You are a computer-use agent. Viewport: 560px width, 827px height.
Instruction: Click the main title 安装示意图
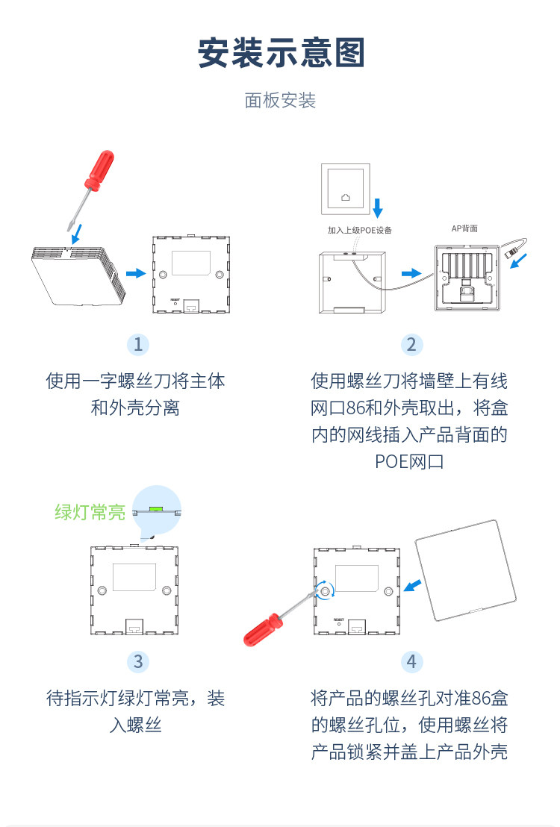pyautogui.click(x=281, y=53)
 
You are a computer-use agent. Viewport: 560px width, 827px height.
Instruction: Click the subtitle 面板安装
pyautogui.click(x=280, y=100)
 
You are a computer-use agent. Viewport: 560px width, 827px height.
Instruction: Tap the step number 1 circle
pyautogui.click(x=137, y=344)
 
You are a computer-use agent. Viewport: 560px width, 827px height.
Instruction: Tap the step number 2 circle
pyautogui.click(x=411, y=344)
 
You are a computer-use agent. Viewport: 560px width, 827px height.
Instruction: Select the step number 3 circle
pyautogui.click(x=137, y=661)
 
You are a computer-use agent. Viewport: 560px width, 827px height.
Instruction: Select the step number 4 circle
pyautogui.click(x=411, y=661)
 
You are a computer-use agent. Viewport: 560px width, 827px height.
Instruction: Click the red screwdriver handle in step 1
pyautogui.click(x=100, y=169)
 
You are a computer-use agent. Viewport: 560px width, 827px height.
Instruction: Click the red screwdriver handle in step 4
pyautogui.click(x=263, y=630)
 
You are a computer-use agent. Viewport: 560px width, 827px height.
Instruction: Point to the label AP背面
pyautogui.click(x=464, y=228)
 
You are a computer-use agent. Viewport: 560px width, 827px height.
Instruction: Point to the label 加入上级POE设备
pyautogui.click(x=359, y=230)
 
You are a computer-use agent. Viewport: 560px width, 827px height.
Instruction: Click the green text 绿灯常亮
pyautogui.click(x=90, y=511)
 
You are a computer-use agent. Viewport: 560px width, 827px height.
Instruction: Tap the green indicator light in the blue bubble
pyautogui.click(x=156, y=509)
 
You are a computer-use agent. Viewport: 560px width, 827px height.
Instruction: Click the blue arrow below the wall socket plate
pyautogui.click(x=377, y=207)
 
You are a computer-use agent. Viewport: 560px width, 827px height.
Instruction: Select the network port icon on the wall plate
pyautogui.click(x=346, y=197)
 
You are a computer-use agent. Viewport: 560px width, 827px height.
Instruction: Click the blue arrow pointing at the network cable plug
pyautogui.click(x=518, y=260)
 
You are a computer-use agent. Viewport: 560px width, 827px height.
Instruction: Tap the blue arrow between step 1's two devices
pyautogui.click(x=136, y=273)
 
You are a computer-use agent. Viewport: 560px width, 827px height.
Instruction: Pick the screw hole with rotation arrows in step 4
pyautogui.click(x=325, y=590)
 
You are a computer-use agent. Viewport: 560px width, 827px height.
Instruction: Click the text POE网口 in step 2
pyautogui.click(x=409, y=461)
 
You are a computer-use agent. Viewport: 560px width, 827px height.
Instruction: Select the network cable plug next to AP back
pyautogui.click(x=511, y=253)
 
